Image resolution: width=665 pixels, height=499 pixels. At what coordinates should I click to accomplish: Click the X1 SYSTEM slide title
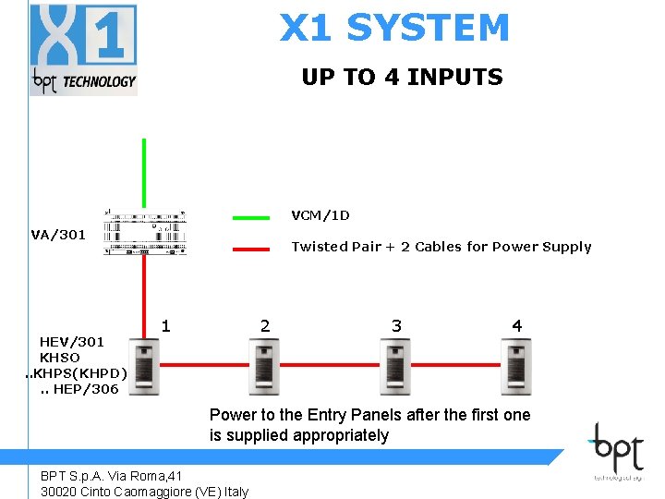tap(394, 28)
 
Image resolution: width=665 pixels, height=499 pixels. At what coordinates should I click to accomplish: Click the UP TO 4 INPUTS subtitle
tap(402, 77)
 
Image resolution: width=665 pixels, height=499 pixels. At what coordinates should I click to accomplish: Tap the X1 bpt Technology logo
tap(83, 49)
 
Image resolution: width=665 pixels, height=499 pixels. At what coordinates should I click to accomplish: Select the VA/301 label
tap(58, 235)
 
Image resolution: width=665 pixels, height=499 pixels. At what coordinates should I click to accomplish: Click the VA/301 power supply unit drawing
tap(145, 233)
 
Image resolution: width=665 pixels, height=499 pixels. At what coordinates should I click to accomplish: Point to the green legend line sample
tap(251, 218)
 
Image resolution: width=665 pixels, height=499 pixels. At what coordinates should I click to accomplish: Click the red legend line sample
tap(251, 249)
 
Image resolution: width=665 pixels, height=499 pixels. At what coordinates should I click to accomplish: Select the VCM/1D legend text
tap(320, 215)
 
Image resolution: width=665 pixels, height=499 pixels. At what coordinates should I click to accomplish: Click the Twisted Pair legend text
tap(441, 247)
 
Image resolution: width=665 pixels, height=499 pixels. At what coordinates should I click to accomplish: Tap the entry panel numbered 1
tap(143, 367)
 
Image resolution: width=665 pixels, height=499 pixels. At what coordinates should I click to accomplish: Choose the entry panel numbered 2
tap(264, 367)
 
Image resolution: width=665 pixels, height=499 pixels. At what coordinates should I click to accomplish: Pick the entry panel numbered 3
tap(395, 367)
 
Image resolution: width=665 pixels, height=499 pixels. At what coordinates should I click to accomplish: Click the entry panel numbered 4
tap(515, 367)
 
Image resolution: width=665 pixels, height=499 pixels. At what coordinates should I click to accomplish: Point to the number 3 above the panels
tap(396, 325)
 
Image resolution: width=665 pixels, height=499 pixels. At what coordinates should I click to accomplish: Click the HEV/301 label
tap(72, 342)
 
